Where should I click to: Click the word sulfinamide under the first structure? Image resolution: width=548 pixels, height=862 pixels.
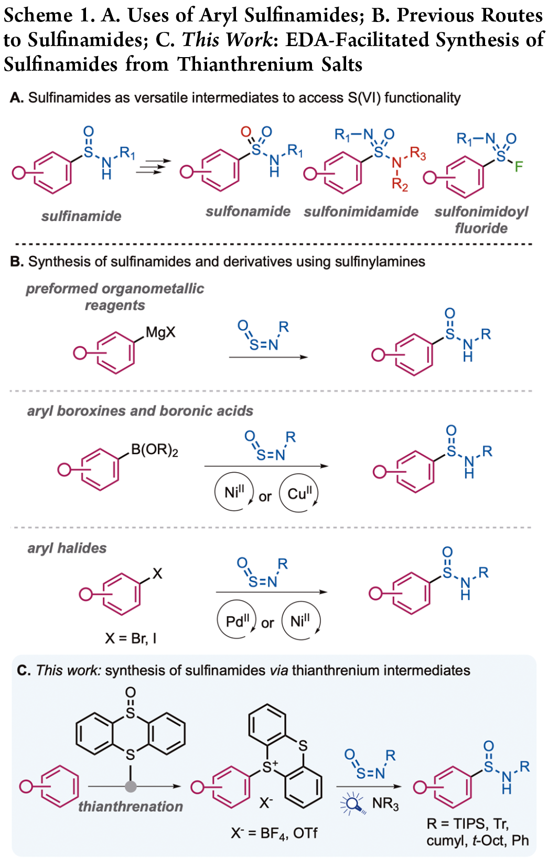click(x=81, y=216)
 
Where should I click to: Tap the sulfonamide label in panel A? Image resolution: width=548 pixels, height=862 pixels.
click(x=248, y=211)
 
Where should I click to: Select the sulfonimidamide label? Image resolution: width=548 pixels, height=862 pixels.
click(x=361, y=212)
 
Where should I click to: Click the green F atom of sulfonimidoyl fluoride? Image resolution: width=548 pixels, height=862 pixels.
click(x=519, y=167)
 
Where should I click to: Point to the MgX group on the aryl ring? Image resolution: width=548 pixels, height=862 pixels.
click(x=160, y=332)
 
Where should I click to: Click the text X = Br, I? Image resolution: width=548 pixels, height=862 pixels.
click(x=131, y=638)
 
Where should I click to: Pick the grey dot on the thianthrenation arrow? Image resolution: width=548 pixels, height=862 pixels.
click(x=131, y=786)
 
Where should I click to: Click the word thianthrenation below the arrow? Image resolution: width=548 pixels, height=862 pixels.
click(x=131, y=806)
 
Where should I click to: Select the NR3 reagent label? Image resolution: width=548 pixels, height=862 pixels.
click(x=385, y=804)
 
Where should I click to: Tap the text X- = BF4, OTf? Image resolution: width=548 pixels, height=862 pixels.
click(x=274, y=833)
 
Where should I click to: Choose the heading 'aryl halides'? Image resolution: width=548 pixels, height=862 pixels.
click(x=67, y=548)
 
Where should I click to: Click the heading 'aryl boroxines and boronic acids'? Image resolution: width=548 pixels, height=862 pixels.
click(x=140, y=411)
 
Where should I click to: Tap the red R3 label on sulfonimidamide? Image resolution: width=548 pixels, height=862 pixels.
click(x=418, y=154)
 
